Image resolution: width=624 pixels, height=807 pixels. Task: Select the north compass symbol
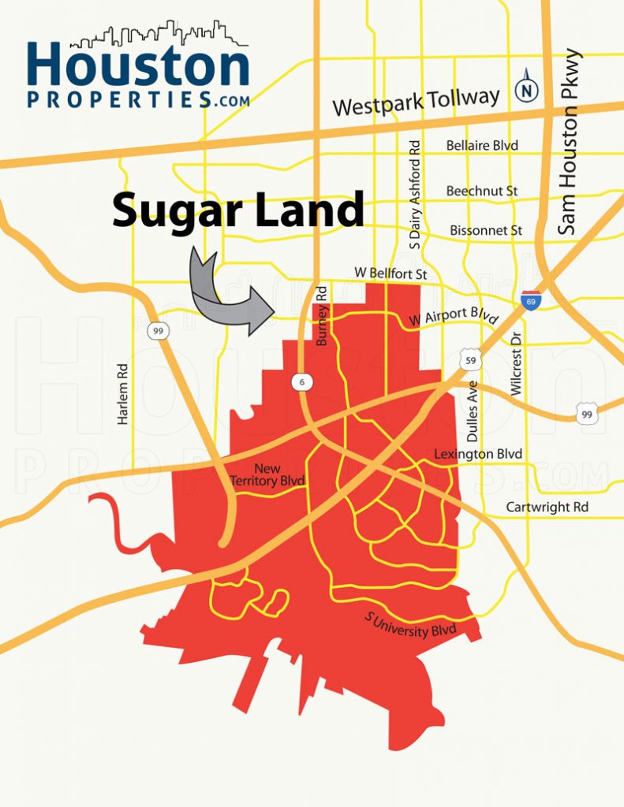click(525, 91)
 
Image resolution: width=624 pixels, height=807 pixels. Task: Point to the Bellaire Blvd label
click(482, 146)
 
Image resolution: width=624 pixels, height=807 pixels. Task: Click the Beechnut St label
click(482, 191)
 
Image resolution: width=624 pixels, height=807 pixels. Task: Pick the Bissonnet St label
click(486, 230)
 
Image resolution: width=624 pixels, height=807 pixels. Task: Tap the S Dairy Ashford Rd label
click(416, 195)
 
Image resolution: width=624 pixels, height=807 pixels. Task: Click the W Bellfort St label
click(390, 272)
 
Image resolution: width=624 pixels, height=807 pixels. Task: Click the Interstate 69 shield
click(531, 300)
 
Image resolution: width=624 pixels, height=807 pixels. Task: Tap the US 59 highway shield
click(471, 360)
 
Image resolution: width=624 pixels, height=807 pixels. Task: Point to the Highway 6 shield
click(303, 382)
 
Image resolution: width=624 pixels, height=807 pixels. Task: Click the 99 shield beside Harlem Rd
click(159, 331)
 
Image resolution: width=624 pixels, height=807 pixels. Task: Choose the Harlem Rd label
click(122, 394)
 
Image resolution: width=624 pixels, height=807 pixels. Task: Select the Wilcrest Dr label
click(516, 363)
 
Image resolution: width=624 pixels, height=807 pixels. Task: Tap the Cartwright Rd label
click(547, 507)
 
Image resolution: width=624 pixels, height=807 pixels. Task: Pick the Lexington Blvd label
click(478, 455)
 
